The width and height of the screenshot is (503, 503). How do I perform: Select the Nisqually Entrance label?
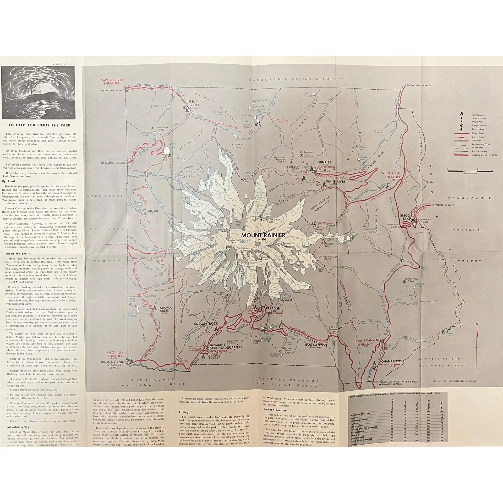coord(114,354)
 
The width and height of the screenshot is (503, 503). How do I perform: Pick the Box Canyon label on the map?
coord(316,345)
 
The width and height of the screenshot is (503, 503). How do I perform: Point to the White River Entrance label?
coord(391,175)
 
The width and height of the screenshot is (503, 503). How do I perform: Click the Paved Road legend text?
coord(478,133)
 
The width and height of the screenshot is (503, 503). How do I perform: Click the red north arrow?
coord(477,331)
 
